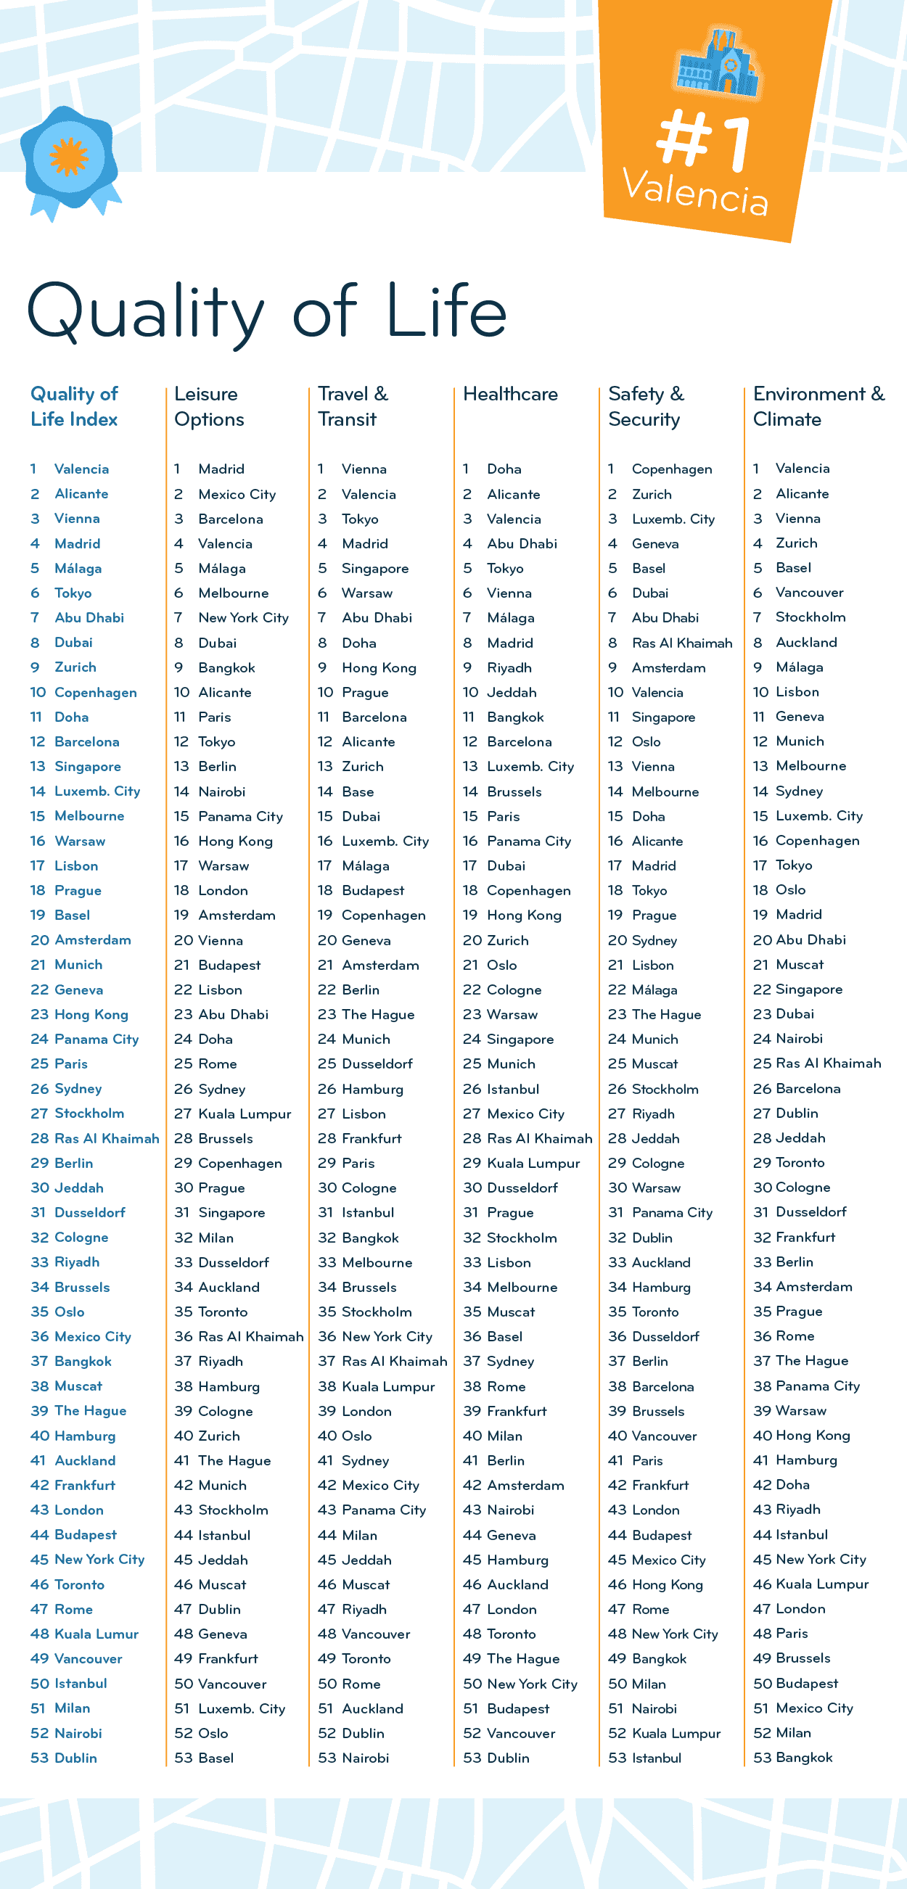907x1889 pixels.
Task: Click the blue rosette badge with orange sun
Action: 69,157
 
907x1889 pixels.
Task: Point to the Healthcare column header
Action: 510,395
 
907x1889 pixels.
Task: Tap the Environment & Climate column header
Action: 818,406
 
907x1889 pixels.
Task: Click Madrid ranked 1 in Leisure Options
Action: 221,469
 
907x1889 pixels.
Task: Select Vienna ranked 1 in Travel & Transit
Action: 364,469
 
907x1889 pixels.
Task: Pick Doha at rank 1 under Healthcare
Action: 504,469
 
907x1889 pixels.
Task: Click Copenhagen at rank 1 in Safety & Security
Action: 672,469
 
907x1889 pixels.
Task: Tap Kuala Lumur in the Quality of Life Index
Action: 96,1634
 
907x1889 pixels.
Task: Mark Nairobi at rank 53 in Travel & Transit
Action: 365,1758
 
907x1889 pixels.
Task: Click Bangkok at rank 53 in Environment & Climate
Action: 804,1757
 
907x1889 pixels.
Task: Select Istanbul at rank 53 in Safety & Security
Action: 656,1758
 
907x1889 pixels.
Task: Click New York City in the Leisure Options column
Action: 243,618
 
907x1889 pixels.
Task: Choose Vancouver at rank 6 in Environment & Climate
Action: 810,593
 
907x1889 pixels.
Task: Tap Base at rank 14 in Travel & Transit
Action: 358,792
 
